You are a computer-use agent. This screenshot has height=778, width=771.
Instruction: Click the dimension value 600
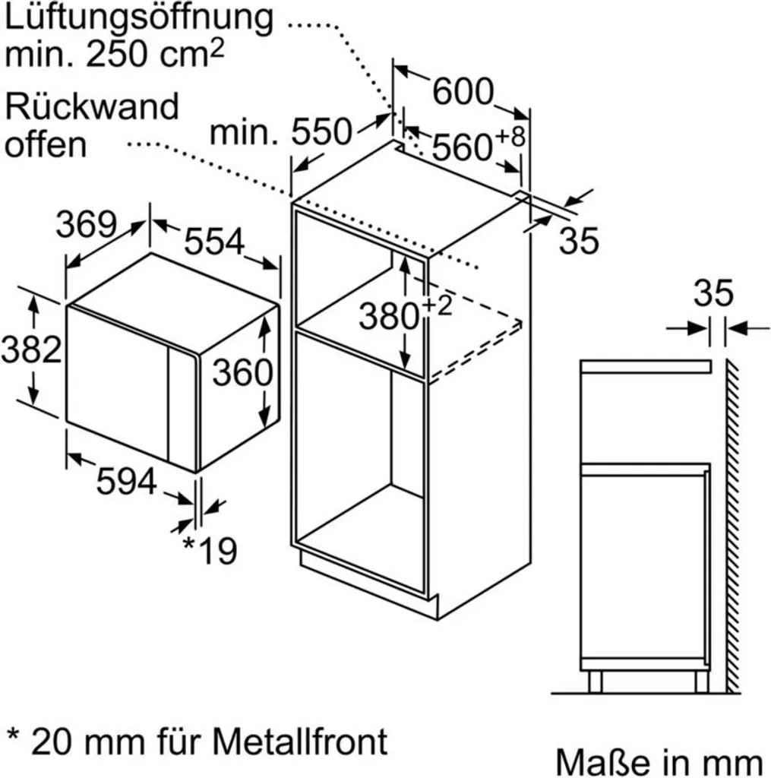(463, 92)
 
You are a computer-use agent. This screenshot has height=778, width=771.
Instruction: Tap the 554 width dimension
(214, 242)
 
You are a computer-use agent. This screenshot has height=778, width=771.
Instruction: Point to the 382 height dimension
(30, 349)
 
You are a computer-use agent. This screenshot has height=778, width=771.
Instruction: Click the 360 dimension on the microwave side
(242, 372)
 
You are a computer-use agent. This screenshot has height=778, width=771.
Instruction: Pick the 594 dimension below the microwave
(126, 481)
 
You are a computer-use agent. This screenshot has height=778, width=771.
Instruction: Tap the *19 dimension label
(210, 551)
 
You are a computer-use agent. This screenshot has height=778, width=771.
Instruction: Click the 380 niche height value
(390, 315)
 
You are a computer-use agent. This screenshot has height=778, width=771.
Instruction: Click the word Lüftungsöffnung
(138, 18)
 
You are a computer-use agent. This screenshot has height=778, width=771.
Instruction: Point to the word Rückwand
(92, 107)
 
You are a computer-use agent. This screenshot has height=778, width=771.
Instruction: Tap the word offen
(46, 144)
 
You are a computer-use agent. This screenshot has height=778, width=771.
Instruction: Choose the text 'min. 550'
(281, 133)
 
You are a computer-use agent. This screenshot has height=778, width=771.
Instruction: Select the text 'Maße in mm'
(658, 761)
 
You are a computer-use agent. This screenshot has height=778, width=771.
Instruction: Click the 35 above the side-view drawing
(713, 293)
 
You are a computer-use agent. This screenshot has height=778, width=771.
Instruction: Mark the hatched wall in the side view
(733, 524)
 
